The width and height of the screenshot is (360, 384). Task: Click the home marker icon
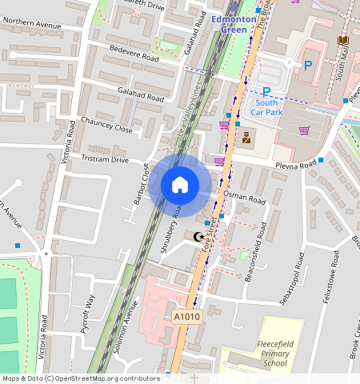[180, 185]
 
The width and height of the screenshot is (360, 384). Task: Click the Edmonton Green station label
[234, 24]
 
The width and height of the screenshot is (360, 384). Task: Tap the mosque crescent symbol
[198, 236]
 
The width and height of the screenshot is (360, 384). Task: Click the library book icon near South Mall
[343, 40]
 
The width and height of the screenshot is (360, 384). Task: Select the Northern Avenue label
[31, 26]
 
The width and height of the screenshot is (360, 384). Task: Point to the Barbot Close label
[141, 184]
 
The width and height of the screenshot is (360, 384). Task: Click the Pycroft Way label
[90, 312]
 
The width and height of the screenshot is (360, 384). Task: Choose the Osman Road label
[245, 197]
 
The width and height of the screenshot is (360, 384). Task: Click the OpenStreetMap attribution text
[80, 378]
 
